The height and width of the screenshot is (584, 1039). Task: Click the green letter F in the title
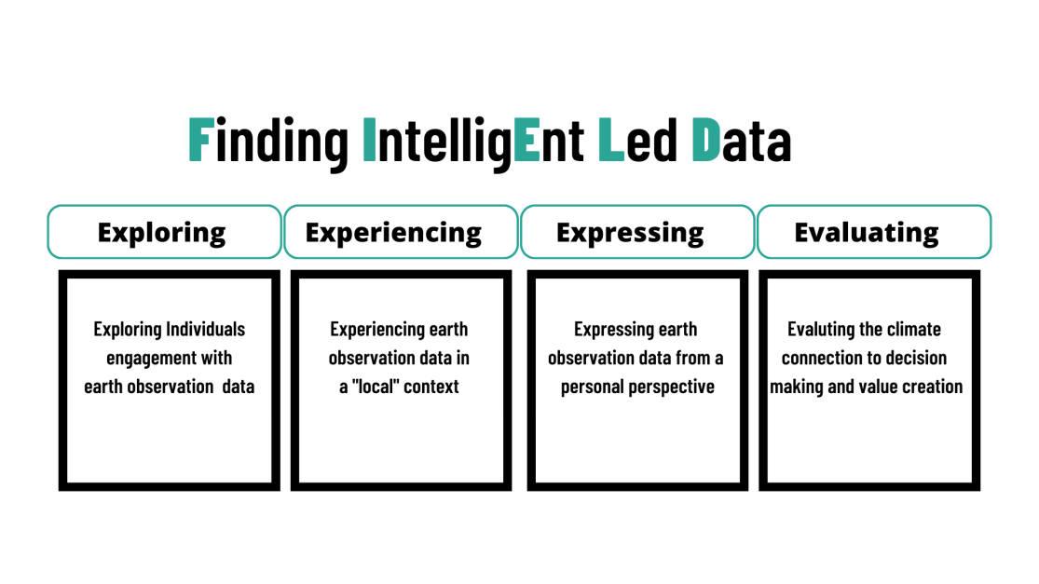(x=201, y=139)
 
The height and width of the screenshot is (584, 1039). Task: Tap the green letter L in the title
(x=611, y=139)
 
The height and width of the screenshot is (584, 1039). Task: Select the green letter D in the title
(x=705, y=139)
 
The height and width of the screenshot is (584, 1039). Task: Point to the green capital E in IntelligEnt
(x=526, y=139)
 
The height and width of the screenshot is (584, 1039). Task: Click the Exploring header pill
(x=164, y=232)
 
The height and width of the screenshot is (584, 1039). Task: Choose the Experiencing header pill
(x=401, y=232)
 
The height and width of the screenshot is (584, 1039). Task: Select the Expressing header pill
(x=637, y=232)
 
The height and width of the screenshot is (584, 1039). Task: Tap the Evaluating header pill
(x=874, y=232)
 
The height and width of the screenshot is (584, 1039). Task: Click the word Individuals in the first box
(x=205, y=329)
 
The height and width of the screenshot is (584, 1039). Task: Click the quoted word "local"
(x=375, y=386)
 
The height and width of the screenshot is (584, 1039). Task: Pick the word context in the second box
(x=431, y=387)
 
